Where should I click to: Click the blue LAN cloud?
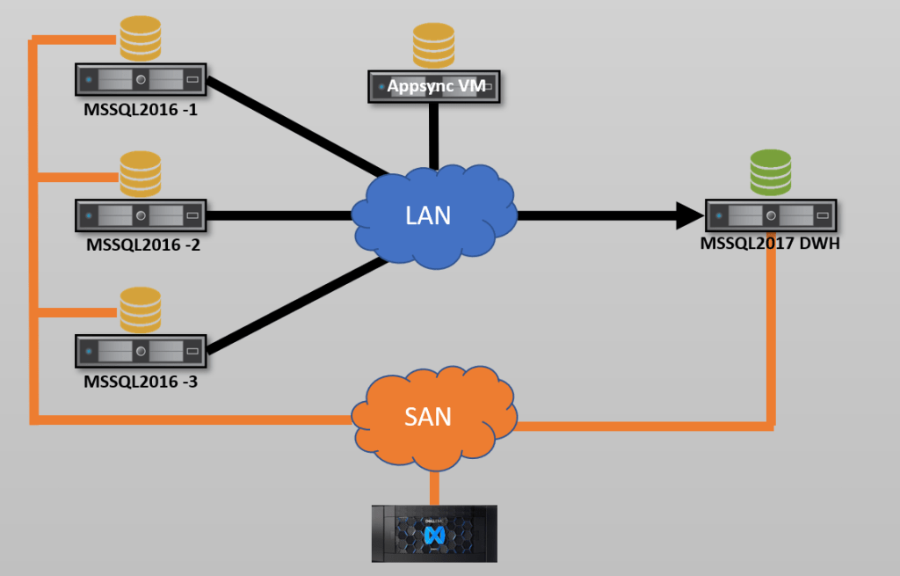pos(432,215)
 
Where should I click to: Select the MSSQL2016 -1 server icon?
pos(141,80)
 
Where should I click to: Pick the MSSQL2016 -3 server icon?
pos(141,350)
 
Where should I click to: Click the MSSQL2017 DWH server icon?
pos(771,215)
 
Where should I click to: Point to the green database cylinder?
pos(771,172)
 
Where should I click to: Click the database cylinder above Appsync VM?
pos(433,46)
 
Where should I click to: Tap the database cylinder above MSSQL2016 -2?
pos(141,173)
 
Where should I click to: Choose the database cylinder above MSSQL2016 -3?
pos(141,309)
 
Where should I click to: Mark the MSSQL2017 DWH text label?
pos(770,244)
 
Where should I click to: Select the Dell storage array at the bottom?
pos(434,533)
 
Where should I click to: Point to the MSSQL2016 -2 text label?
pos(143,245)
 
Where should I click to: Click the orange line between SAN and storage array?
pos(434,486)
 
